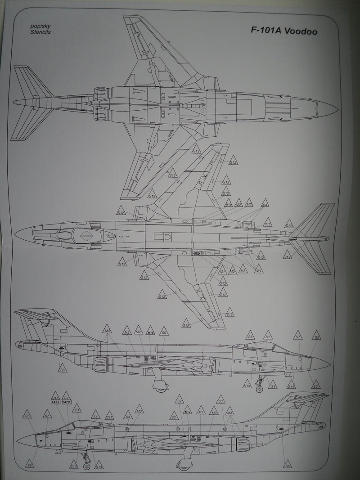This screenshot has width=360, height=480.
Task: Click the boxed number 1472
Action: (55, 402)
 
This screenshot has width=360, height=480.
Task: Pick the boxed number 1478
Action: (66, 402)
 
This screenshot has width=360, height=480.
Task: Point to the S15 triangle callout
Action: (55, 396)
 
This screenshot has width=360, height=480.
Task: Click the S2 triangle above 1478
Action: (66, 396)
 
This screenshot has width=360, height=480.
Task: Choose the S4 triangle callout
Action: (272, 385)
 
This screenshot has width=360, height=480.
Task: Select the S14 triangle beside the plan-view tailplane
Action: (289, 224)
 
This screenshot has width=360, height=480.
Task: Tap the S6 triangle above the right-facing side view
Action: (251, 336)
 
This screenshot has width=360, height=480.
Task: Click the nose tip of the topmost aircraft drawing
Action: (337, 108)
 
